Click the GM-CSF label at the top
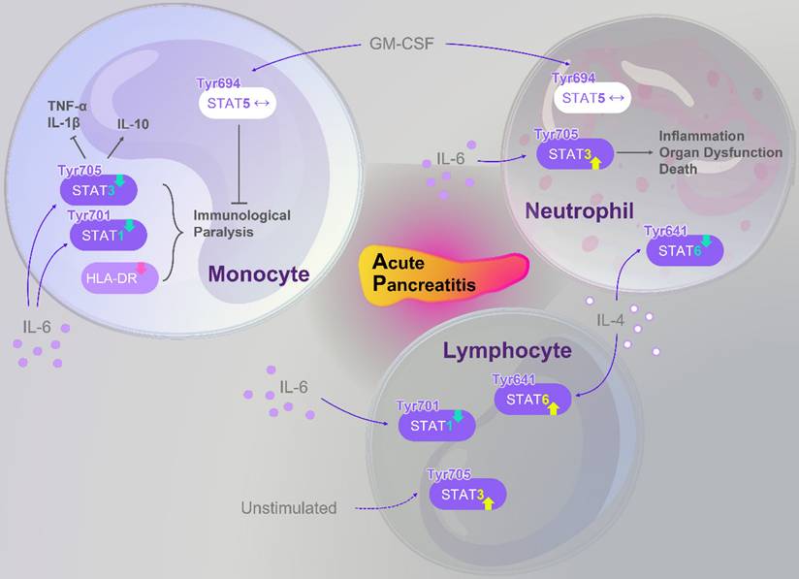coord(398,44)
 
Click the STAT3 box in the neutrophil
coord(575,152)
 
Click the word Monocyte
coord(258,275)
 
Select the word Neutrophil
coord(580,210)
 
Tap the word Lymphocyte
coord(508,350)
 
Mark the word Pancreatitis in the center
coord(426,283)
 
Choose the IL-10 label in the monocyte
coord(132,124)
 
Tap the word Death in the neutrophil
coord(678,168)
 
